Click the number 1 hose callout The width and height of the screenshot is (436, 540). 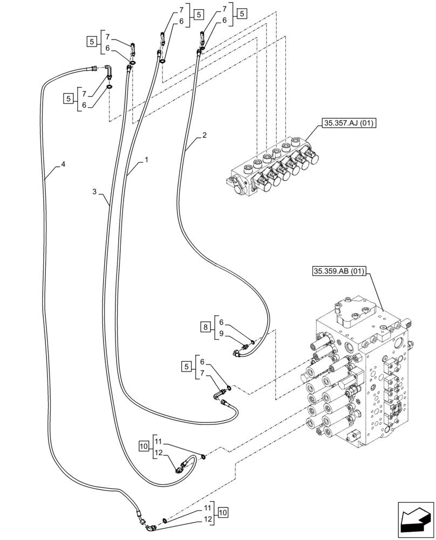click(x=146, y=161)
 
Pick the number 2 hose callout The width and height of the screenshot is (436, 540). click(x=204, y=137)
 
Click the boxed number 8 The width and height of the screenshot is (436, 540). click(x=205, y=327)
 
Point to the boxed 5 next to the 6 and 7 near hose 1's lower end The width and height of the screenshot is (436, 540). click(x=187, y=368)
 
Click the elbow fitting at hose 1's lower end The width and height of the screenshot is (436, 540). click(x=219, y=397)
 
